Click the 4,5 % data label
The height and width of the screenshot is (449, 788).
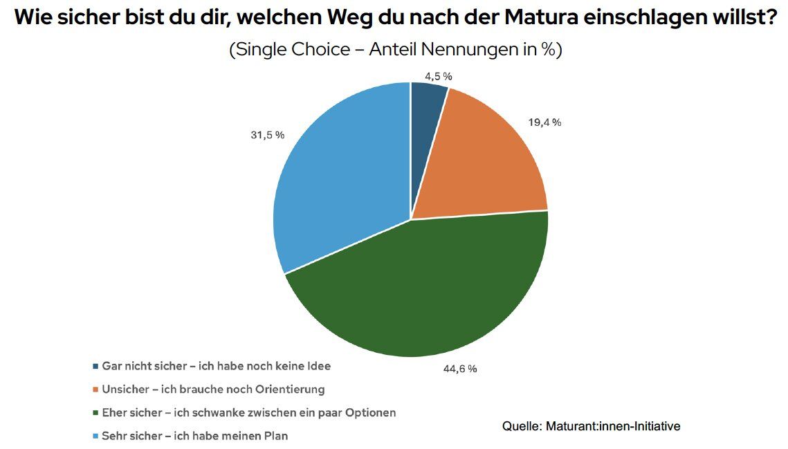[439, 76]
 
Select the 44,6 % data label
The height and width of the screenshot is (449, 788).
[460, 369]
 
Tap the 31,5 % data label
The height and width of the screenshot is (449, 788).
[266, 135]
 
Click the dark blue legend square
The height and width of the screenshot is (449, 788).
[95, 365]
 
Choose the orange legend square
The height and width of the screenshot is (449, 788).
[95, 390]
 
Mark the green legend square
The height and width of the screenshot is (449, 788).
[95, 413]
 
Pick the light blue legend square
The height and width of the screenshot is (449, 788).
[95, 437]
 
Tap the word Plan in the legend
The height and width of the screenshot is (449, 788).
[275, 437]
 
